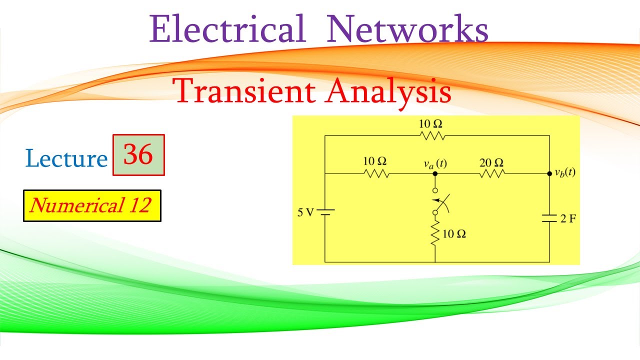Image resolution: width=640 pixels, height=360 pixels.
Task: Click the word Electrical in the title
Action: click(x=227, y=29)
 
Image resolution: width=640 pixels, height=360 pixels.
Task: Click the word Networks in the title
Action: click(x=407, y=29)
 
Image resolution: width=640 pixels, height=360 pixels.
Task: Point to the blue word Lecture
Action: click(x=66, y=158)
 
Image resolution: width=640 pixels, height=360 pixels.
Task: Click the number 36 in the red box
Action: click(x=138, y=155)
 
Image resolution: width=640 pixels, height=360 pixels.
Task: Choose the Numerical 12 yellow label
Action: click(x=92, y=205)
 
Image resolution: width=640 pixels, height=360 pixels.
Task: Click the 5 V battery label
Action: click(x=306, y=212)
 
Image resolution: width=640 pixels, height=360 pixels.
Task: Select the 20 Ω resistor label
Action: click(x=492, y=162)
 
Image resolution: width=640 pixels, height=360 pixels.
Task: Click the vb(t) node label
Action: click(x=564, y=173)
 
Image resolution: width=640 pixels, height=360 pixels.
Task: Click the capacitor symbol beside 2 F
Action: click(x=549, y=218)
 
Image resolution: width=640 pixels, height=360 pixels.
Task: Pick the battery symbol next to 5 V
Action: click(x=325, y=212)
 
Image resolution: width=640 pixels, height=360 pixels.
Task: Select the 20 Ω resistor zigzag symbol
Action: click(x=492, y=173)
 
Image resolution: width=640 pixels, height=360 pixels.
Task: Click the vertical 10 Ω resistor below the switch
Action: click(x=435, y=233)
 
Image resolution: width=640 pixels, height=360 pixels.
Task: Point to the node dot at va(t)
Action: click(x=435, y=173)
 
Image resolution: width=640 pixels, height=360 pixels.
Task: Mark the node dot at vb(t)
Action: click(x=549, y=173)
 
